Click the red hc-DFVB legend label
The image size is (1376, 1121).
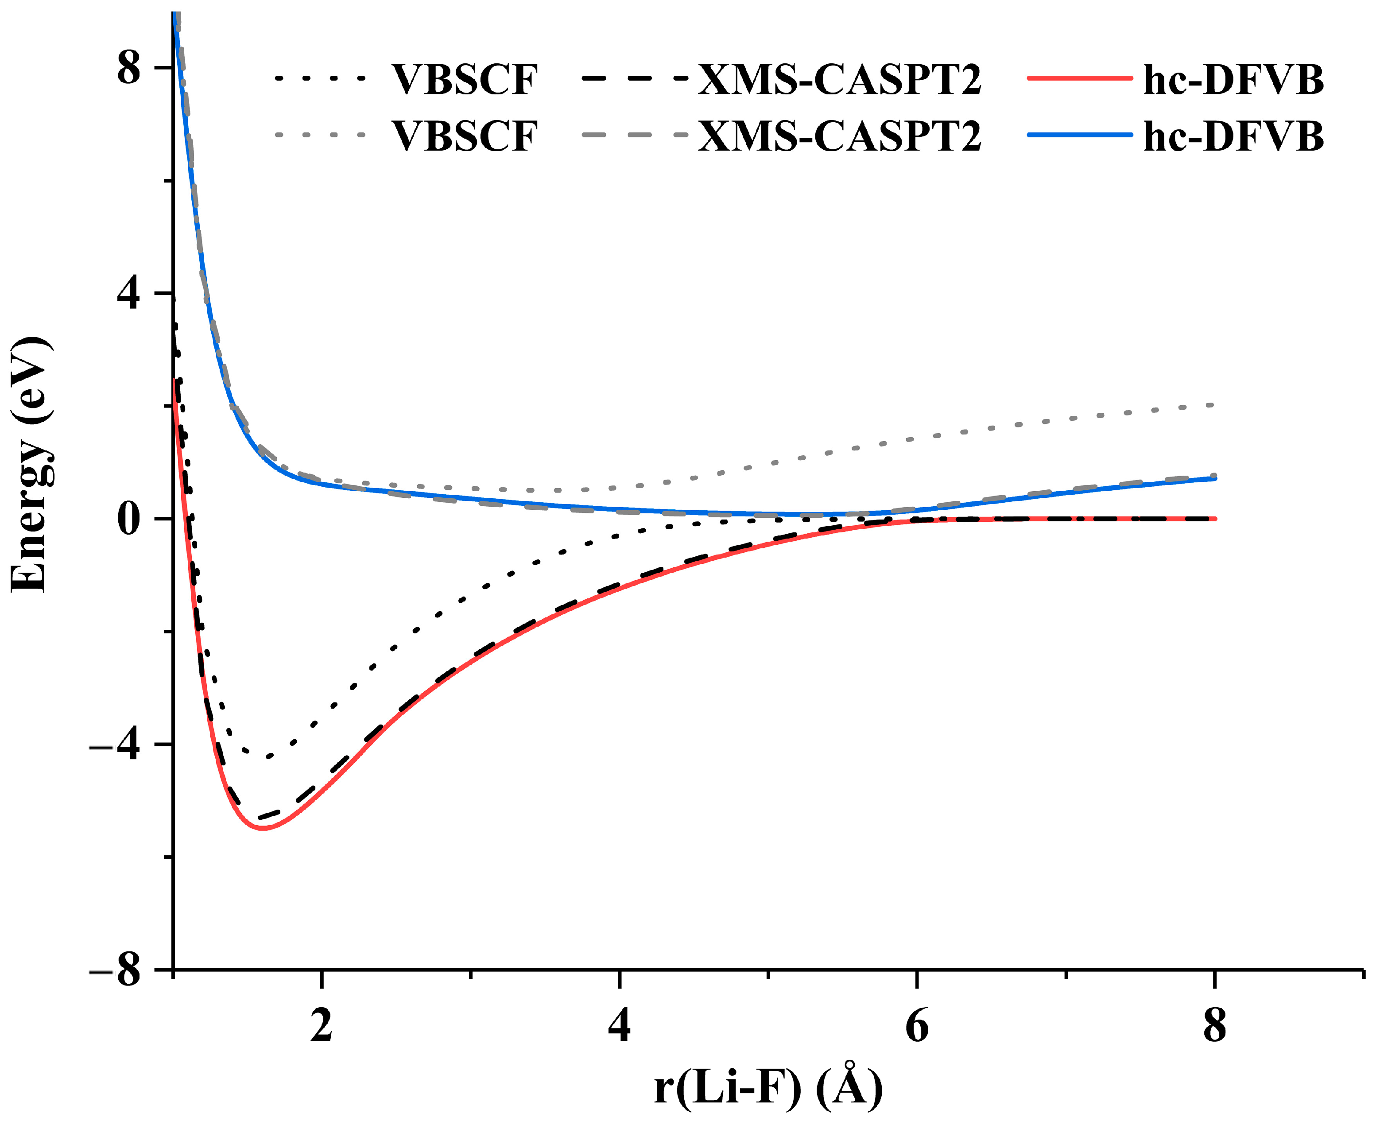[1233, 81]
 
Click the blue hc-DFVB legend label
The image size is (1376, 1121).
[1233, 137]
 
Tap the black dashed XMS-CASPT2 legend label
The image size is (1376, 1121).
[839, 81]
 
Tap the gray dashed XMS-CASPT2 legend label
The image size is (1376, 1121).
[839, 137]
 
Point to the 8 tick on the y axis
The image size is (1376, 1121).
[128, 68]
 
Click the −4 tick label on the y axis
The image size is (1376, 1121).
[115, 745]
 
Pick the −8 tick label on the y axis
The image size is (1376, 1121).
[115, 970]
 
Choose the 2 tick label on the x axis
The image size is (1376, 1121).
[322, 1025]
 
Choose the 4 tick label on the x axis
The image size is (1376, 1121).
[619, 1025]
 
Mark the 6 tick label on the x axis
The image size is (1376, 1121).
[917, 1025]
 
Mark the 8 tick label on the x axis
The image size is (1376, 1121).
[1214, 1025]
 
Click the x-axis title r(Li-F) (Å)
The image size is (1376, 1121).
[768, 1087]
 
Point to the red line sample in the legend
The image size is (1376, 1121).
[1080, 78]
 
